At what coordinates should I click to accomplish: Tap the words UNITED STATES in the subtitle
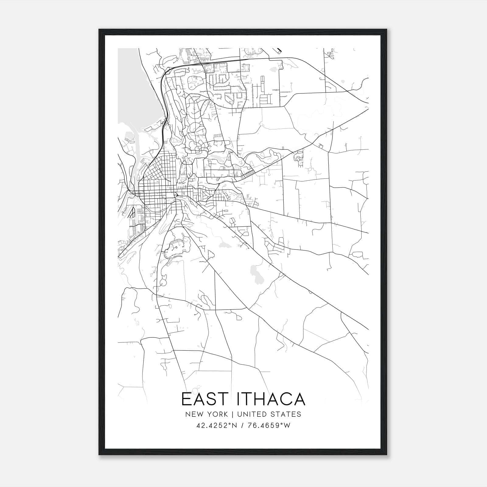(x=269, y=414)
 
